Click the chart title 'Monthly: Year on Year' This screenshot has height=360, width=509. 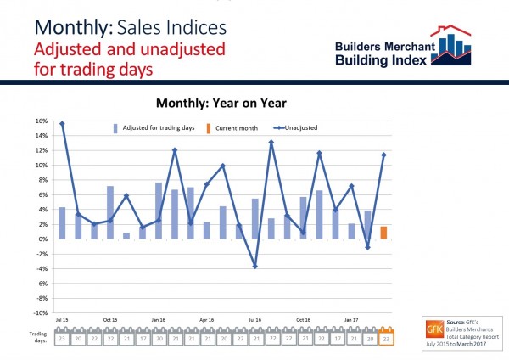(x=223, y=103)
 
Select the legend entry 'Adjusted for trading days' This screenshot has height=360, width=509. (x=153, y=128)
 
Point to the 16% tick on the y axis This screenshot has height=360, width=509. (x=41, y=121)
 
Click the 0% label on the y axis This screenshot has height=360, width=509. (x=42, y=239)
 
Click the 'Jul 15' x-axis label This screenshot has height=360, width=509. (x=62, y=320)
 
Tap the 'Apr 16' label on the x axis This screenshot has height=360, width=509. (x=206, y=320)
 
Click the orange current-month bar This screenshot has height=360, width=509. (x=383, y=233)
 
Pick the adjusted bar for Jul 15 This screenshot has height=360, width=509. (x=62, y=223)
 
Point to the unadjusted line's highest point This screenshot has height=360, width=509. (x=62, y=124)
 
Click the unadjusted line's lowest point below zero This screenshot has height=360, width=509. (x=255, y=266)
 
